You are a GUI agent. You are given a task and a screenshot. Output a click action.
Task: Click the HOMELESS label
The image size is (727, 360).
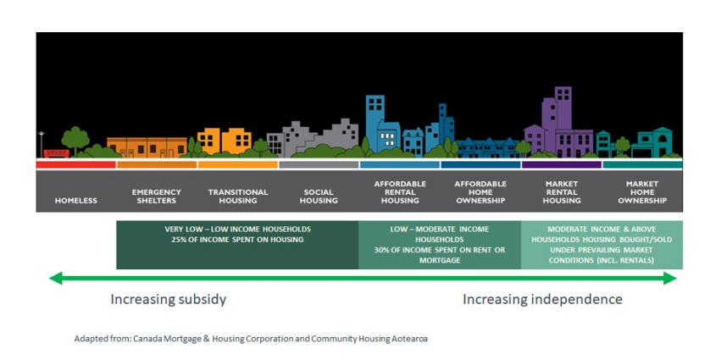76,201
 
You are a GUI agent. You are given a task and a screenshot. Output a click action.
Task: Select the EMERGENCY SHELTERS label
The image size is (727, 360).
157,197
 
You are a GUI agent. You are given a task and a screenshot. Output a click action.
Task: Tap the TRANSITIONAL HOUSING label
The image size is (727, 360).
238,197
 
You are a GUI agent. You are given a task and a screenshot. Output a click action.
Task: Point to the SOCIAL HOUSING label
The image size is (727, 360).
319,197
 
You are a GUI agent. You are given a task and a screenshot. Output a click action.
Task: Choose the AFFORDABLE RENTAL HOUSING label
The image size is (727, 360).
400,192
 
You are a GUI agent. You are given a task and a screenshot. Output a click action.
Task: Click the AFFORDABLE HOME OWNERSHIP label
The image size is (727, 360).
480,192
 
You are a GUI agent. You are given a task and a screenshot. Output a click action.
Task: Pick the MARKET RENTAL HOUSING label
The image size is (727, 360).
562,192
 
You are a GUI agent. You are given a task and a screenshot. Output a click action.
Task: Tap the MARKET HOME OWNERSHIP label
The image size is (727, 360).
642,192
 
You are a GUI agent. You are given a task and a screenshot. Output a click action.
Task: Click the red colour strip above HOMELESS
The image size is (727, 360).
76,164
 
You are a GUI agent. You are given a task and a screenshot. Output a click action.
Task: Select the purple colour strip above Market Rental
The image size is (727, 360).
562,164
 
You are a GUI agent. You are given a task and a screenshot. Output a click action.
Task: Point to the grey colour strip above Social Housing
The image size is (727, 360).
319,164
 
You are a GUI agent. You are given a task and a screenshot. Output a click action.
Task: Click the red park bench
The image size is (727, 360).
56,153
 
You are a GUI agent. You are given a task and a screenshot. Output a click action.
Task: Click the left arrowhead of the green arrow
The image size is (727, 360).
56,279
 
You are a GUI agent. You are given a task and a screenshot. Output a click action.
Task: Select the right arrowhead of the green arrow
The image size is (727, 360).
670,279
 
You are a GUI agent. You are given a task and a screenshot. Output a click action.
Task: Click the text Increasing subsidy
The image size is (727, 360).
169,300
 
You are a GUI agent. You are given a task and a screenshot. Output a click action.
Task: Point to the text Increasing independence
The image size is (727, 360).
542,300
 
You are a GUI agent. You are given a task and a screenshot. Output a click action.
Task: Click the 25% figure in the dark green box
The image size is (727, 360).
180,240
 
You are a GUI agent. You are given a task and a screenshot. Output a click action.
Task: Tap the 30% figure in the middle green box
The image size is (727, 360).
382,250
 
